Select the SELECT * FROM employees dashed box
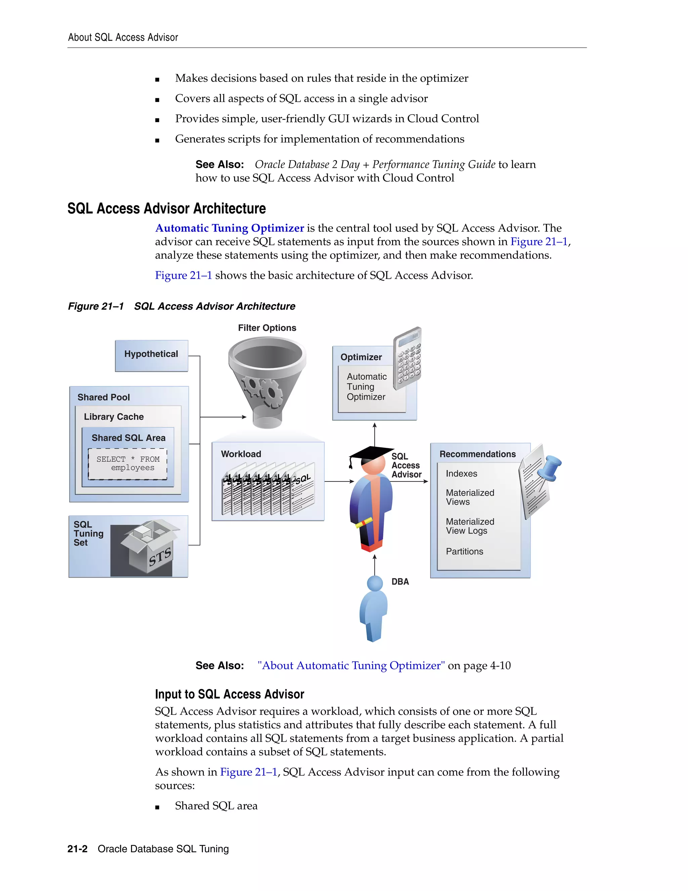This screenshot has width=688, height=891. click(128, 464)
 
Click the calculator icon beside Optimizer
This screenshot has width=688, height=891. click(407, 358)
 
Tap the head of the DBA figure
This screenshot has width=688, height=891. click(375, 583)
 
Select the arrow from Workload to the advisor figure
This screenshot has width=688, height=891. click(339, 481)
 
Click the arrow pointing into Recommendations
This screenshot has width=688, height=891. click(410, 481)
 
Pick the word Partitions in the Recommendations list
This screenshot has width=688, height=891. click(464, 551)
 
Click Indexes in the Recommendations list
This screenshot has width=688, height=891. click(461, 474)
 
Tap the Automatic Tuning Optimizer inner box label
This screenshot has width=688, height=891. click(367, 387)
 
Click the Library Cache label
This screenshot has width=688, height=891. click(114, 417)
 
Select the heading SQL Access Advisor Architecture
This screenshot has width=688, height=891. click(166, 208)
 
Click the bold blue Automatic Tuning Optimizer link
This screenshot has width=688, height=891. click(229, 228)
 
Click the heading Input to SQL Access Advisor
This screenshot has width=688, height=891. click(229, 694)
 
